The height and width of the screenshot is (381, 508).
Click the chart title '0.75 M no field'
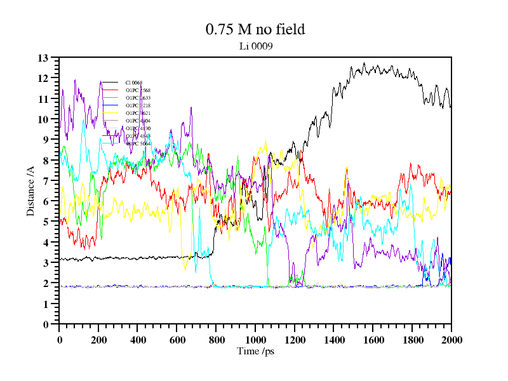tap(255, 29)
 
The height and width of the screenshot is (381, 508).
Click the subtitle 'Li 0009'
tap(255, 46)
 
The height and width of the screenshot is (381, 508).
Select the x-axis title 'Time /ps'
tap(255, 351)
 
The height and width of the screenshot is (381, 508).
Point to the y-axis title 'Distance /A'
tap(30, 190)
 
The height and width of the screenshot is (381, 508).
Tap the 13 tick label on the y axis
tap(43, 58)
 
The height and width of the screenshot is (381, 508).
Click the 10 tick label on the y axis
tap(43, 119)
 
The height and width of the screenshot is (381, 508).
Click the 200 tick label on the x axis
tap(98, 340)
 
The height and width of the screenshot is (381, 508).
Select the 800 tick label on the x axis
tap(216, 340)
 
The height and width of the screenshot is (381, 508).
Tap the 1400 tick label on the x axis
tap(334, 340)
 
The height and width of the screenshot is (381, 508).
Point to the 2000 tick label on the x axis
tap(451, 340)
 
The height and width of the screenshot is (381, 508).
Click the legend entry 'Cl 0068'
tap(133, 83)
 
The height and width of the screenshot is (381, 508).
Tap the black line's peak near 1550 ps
tap(364, 63)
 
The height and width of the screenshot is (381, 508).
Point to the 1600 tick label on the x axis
tap(373, 340)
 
